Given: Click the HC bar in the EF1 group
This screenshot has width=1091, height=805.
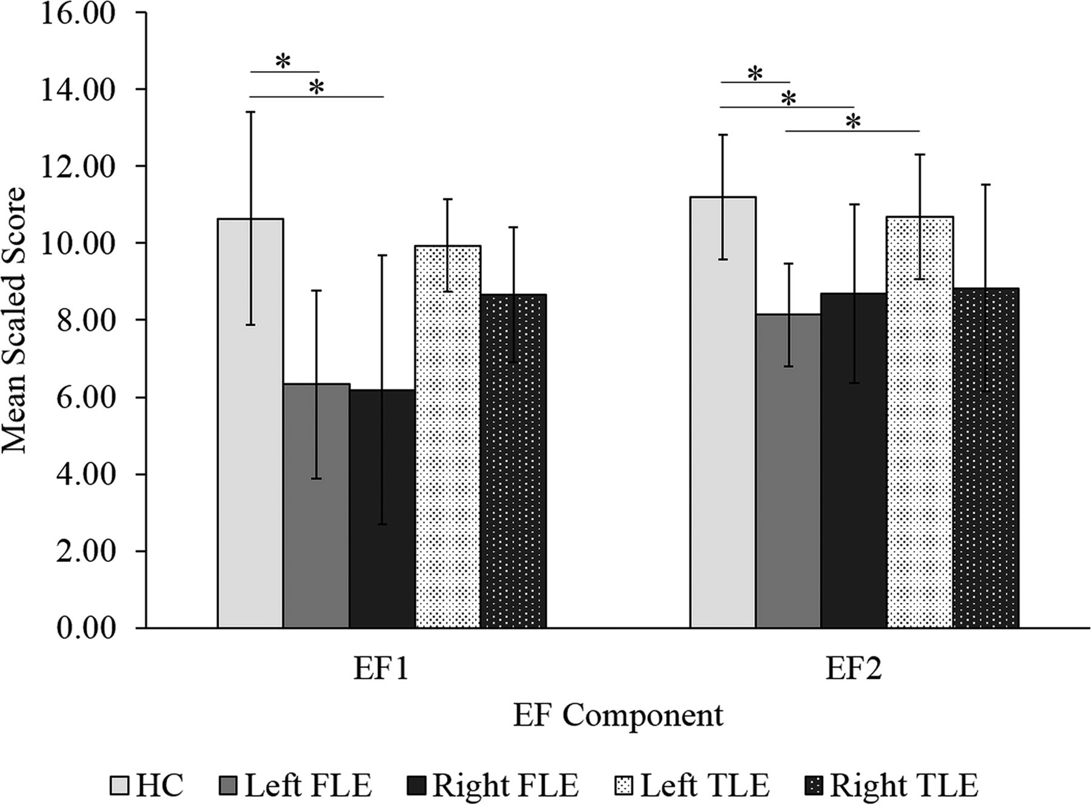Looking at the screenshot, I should pos(250,424).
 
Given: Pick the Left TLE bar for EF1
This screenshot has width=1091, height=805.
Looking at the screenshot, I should pos(448,436).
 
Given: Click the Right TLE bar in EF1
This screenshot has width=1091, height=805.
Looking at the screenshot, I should pos(514,461).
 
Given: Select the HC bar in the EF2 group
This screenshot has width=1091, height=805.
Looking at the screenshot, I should pos(723,412).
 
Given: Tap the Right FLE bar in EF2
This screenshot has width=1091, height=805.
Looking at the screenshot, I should pos(854,461).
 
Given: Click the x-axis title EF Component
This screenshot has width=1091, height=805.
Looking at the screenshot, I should pos(618,715).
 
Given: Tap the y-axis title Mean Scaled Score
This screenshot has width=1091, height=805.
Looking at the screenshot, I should pos(15,320).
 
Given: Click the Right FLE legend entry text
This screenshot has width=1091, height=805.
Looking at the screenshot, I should pos(505,786).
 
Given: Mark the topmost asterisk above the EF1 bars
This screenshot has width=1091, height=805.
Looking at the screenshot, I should pos(283,61).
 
